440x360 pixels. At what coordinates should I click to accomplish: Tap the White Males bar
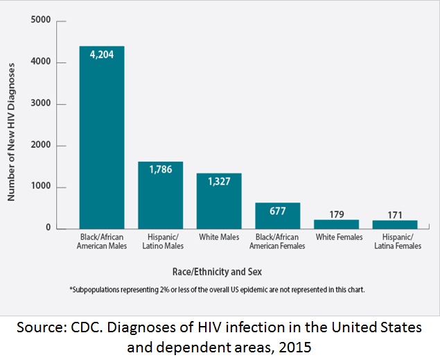[218, 201]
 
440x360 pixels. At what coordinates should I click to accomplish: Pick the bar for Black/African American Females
[277, 216]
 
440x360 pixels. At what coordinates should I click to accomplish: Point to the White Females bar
[336, 224]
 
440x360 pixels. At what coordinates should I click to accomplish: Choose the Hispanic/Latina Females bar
[395, 224]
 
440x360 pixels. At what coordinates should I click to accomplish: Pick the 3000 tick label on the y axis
[41, 104]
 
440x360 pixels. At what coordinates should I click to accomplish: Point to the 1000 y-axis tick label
[41, 187]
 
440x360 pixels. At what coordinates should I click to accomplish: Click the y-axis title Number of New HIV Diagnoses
[11, 130]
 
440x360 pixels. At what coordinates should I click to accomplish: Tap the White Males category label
[218, 238]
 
